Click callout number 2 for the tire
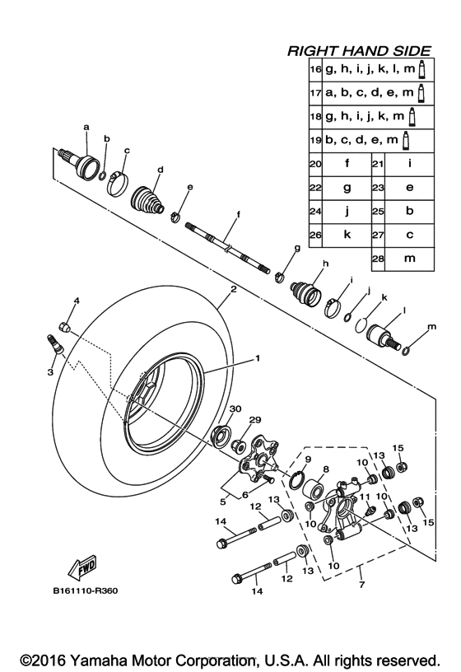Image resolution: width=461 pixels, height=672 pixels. [233, 290]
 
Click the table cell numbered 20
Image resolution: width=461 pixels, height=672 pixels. [314, 164]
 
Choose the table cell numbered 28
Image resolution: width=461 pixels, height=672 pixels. [379, 258]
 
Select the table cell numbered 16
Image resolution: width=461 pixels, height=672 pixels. [314, 71]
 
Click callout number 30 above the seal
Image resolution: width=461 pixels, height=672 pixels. [235, 409]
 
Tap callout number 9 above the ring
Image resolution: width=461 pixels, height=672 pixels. [307, 459]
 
